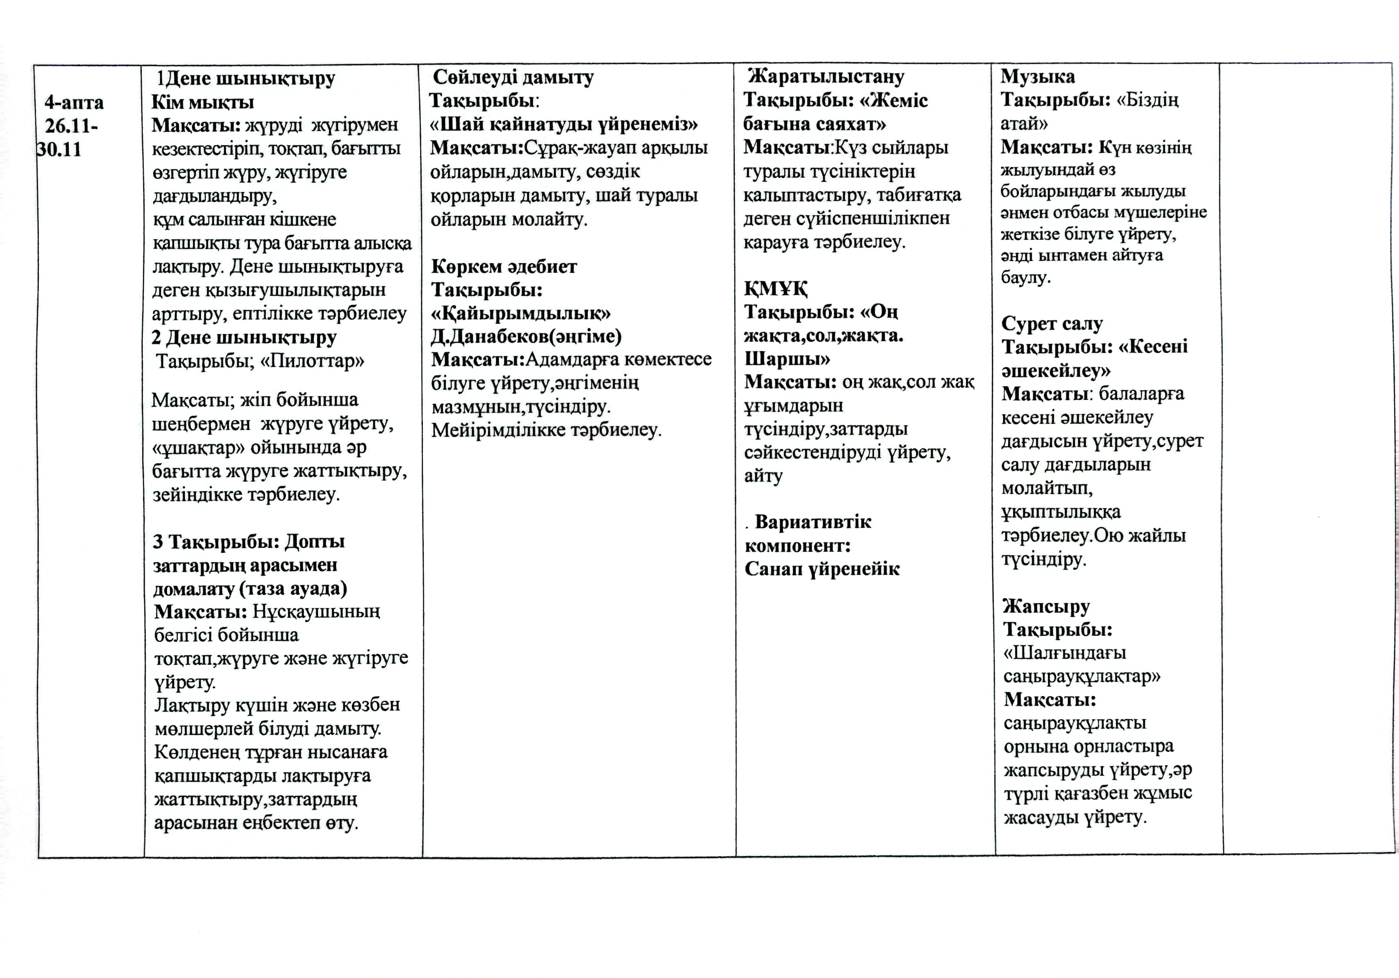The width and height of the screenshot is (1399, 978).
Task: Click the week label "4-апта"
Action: point(74,102)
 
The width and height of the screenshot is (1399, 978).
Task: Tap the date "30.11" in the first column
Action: point(59,149)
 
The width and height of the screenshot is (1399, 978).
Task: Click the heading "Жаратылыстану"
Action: point(826,76)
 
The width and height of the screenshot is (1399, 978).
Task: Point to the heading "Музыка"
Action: point(1037,76)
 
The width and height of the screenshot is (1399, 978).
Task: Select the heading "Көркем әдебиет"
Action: point(504,266)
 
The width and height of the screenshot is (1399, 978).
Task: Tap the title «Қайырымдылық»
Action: point(521,313)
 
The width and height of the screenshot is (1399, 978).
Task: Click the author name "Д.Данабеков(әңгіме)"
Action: point(526,336)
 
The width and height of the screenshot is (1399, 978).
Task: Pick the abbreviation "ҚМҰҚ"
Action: point(776,288)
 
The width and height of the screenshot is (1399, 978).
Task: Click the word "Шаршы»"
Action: point(787,358)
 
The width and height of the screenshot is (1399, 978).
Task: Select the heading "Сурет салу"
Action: point(1052,324)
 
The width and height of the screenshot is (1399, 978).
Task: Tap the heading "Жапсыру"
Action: point(1046,606)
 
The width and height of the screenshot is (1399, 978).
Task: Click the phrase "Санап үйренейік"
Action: point(822,569)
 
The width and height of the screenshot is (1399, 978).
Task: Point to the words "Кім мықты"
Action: point(202,102)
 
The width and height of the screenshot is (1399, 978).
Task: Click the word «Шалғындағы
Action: point(1064,653)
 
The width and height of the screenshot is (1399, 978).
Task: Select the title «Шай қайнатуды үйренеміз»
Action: point(564,124)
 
